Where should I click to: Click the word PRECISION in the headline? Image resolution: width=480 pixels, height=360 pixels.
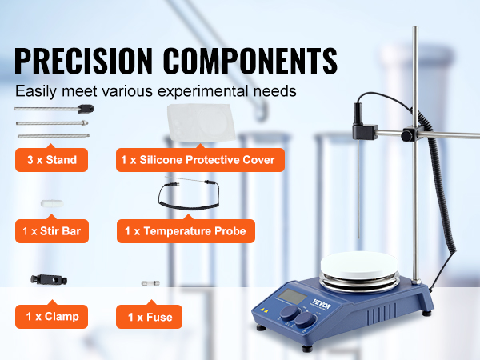83,60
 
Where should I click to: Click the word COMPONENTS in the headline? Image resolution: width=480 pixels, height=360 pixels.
250,60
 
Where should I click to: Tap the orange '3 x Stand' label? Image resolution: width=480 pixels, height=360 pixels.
51,160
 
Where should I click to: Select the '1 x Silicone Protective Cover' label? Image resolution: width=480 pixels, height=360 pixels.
200,160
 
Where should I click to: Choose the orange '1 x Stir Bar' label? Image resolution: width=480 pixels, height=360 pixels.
52,231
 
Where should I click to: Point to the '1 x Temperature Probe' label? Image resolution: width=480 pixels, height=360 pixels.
186,231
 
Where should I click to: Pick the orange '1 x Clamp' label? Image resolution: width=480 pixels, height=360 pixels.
51,317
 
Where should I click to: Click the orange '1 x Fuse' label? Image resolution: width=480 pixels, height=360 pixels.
149,317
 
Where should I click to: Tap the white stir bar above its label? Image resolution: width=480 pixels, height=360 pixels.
52,203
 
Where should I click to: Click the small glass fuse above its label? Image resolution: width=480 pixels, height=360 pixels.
150,283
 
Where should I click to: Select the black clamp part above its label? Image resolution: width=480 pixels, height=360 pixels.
49,279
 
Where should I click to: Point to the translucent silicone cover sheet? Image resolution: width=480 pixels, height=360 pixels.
201,122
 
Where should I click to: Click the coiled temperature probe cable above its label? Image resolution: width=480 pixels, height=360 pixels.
189,194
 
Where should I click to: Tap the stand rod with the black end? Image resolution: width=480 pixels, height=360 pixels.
54,109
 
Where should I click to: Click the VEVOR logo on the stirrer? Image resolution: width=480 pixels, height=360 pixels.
322,302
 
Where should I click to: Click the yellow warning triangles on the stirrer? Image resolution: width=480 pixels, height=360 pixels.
264,310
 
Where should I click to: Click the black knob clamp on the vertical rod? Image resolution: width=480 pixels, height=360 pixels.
409,134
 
